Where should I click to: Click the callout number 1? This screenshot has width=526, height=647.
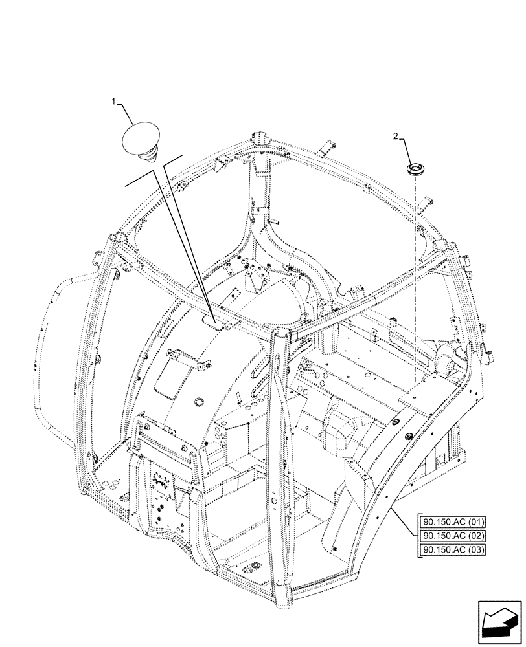coord(114,102)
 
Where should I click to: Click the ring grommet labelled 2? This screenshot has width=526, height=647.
coord(413,170)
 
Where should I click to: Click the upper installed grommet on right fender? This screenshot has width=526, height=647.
coord(394,422)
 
